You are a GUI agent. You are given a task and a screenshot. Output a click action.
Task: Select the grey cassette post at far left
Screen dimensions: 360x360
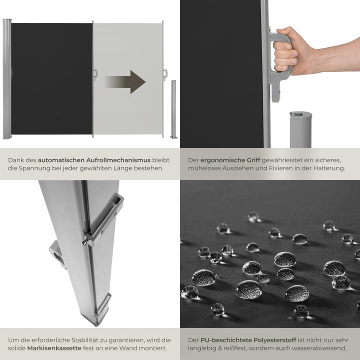6,79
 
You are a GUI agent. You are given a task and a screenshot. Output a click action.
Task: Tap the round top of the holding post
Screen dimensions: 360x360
300,115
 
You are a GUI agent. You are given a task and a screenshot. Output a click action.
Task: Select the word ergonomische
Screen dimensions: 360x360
223,160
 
